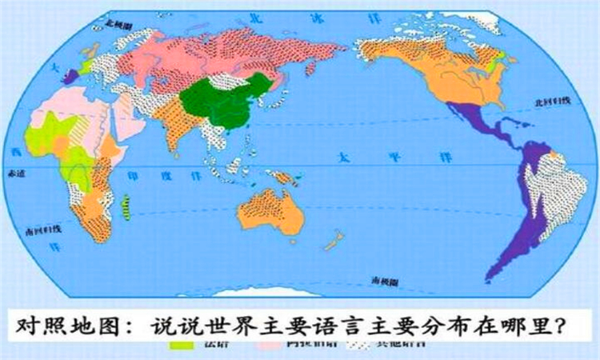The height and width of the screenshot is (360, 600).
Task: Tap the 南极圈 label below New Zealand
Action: tap(385, 280)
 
